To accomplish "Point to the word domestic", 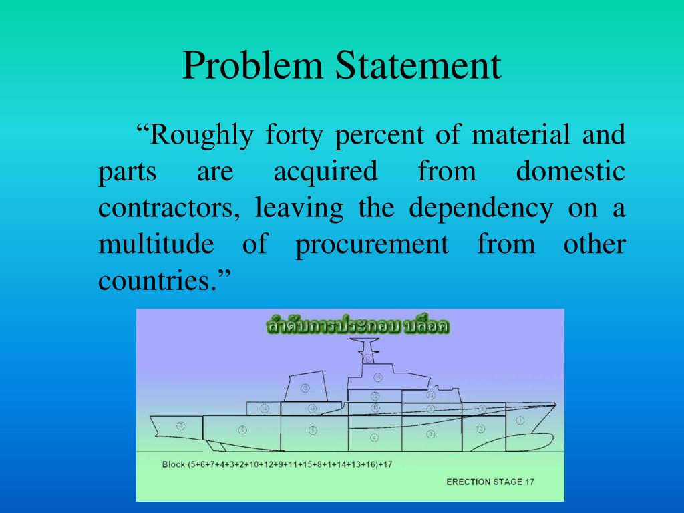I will click(570, 172).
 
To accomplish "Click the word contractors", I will click(169, 208).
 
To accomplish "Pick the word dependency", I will click(481, 208).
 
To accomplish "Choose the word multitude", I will click(156, 244).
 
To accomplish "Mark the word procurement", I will click(372, 244).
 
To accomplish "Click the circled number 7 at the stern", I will click(180, 425).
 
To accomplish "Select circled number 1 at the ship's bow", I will click(520, 421).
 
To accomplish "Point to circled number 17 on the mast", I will click(367, 359).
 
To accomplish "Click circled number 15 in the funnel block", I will click(305, 387).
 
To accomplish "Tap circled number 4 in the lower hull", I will click(374, 438).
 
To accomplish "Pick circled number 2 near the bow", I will click(480, 428).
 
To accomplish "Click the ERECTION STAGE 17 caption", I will click(490, 481).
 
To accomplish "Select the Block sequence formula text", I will click(277, 464).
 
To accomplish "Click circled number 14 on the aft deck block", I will click(265, 408).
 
